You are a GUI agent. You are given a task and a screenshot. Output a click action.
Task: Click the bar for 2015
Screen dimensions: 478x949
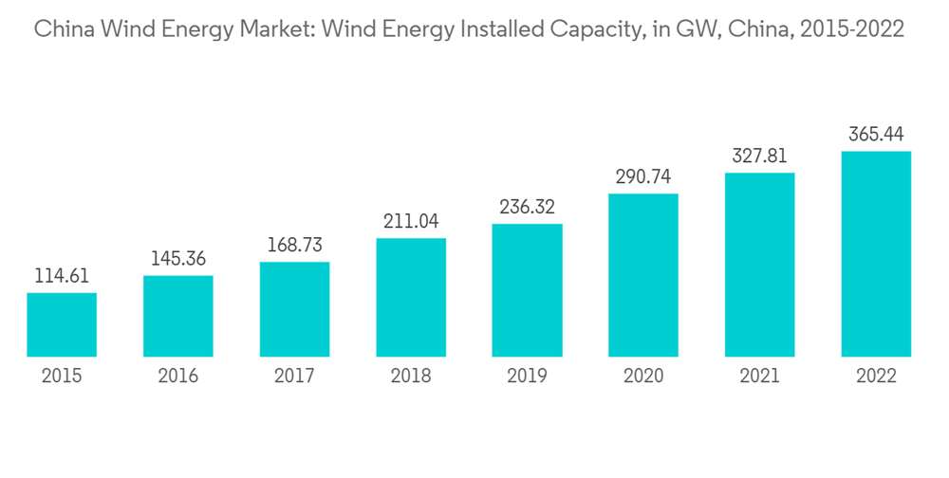[62, 324]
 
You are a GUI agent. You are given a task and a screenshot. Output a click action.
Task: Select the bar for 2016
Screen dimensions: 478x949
[178, 316]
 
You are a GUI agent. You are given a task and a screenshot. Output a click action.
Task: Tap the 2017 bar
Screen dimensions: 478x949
[294, 309]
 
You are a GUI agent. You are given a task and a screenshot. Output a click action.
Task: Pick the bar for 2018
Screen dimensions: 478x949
[411, 297]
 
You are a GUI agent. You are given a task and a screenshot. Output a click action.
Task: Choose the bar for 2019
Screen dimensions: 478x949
[527, 290]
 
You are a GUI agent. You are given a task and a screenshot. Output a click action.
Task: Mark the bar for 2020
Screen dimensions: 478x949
[643, 275]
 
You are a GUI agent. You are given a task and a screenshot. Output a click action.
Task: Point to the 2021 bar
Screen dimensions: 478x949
[759, 265]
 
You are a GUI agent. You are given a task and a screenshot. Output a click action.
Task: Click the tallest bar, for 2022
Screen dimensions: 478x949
[876, 254]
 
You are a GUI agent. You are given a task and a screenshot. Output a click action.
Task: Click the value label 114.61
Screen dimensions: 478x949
[62, 277]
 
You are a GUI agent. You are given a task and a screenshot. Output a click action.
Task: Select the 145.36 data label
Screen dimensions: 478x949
[178, 259]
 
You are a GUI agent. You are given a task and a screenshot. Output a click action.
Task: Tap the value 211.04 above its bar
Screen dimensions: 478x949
[411, 222]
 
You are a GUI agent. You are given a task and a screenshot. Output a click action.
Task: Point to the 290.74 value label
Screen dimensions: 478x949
[643, 177]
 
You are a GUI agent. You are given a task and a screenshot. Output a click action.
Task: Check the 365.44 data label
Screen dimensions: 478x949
[876, 135]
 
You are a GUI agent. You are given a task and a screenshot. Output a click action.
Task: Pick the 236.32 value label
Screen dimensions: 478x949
[527, 208]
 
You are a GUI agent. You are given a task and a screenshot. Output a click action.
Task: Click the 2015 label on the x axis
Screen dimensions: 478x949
[62, 377]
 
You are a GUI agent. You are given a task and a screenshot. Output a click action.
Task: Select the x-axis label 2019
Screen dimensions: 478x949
[527, 377]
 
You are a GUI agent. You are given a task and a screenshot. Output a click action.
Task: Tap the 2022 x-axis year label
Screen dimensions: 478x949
[876, 377]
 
